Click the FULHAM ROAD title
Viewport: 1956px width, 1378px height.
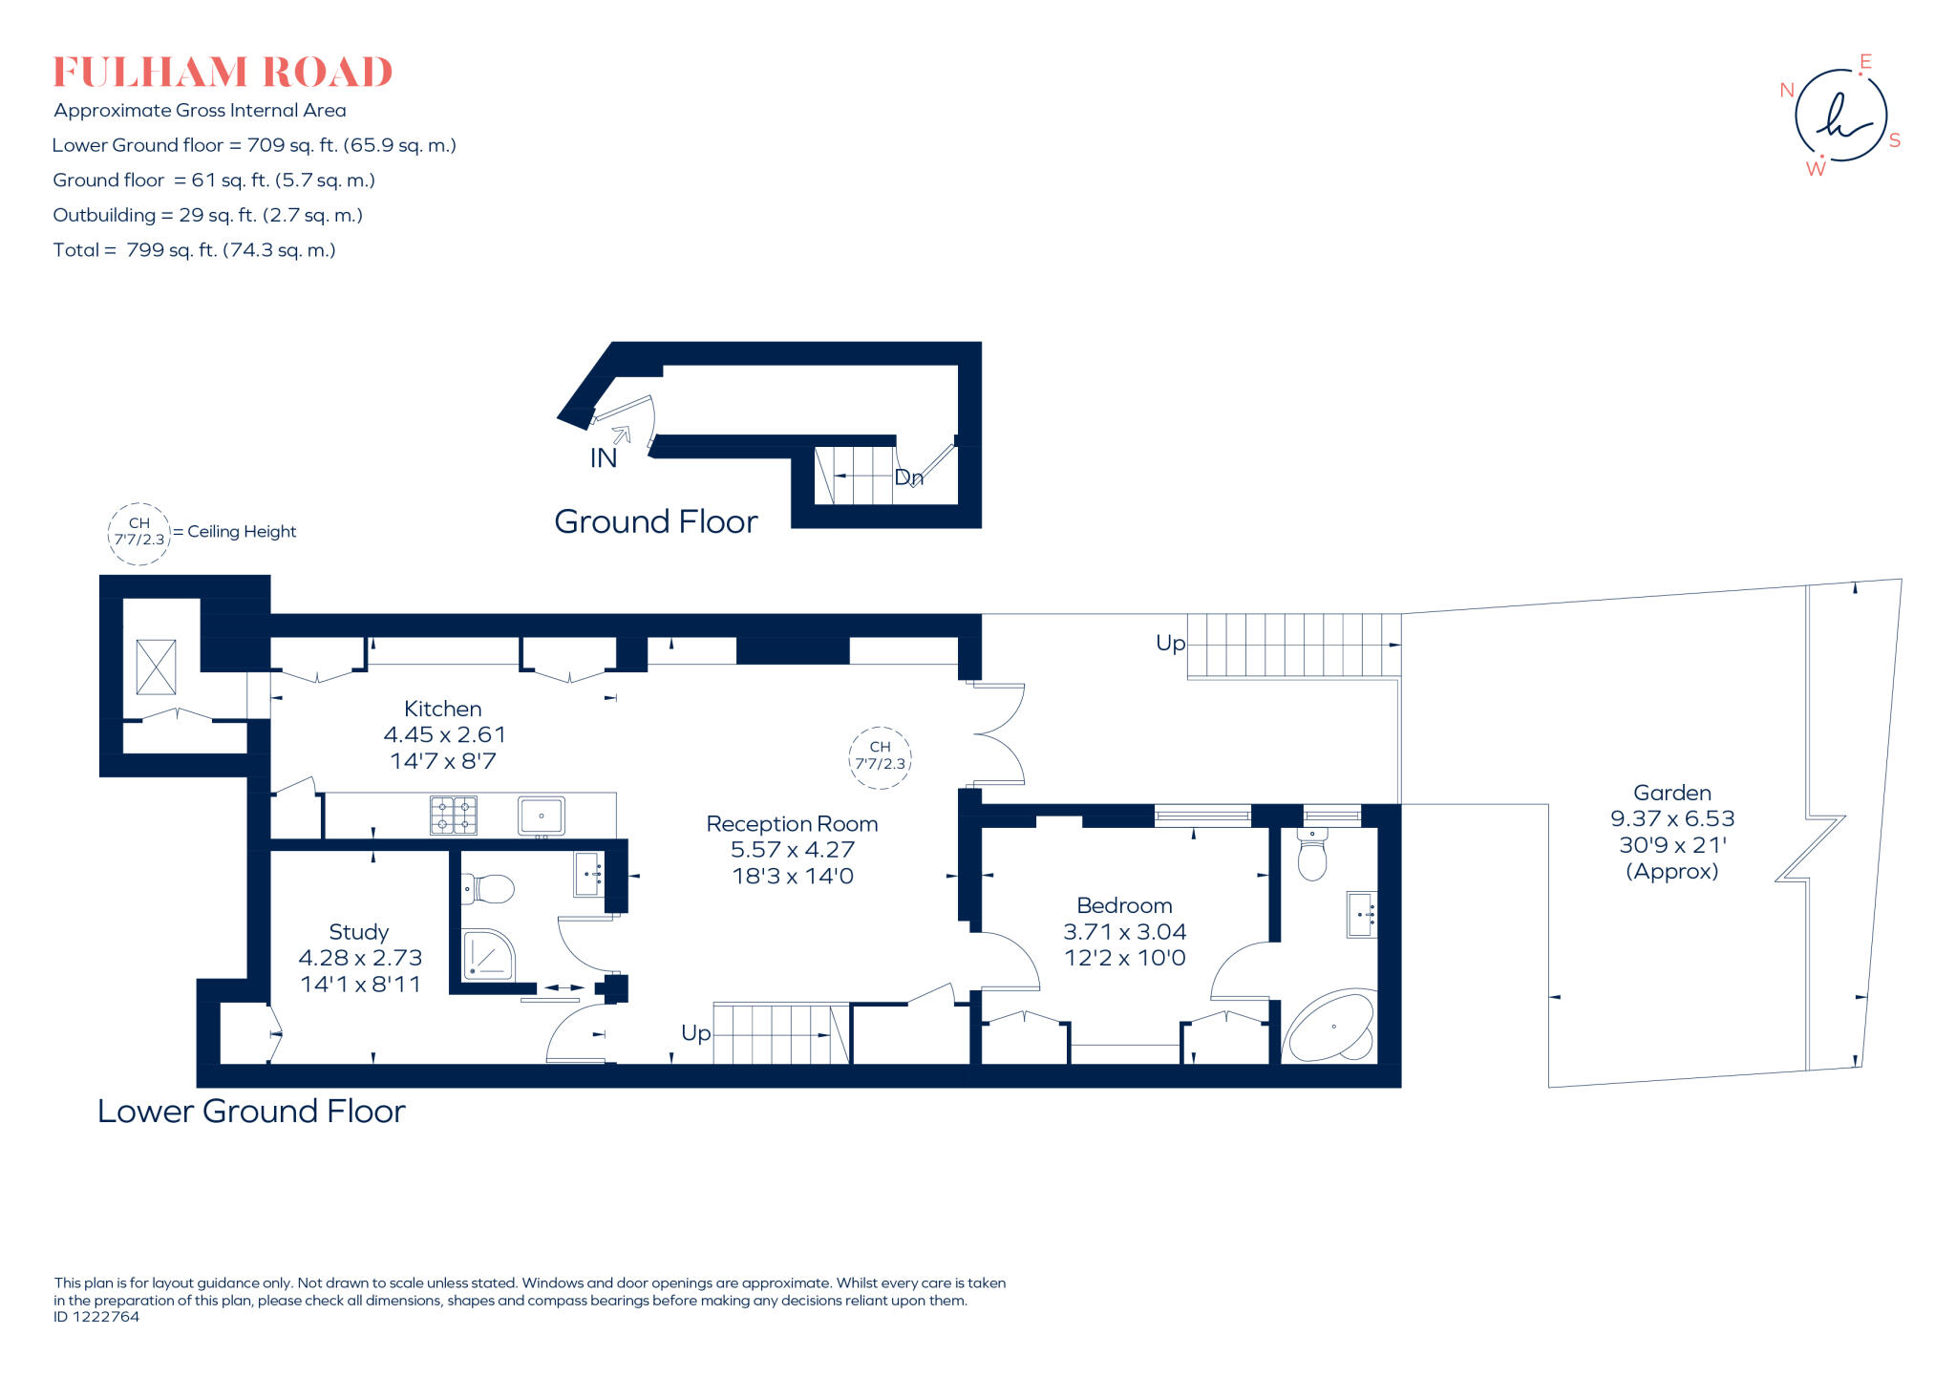(223, 73)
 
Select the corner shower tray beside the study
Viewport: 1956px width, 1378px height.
(487, 954)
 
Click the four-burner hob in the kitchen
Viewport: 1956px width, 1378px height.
(453, 816)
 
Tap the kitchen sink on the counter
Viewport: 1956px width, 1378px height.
(542, 816)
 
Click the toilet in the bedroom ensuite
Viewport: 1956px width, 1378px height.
(1312, 855)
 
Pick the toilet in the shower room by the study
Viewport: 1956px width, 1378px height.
(488, 889)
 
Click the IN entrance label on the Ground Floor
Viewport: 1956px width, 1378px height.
(603, 458)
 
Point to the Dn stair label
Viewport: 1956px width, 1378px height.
(908, 477)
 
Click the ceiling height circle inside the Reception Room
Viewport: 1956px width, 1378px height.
(880, 756)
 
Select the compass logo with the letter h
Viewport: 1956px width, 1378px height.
(1839, 116)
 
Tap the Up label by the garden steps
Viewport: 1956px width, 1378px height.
(1170, 644)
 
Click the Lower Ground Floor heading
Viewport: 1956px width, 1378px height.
(251, 1112)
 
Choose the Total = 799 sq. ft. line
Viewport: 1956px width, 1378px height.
(194, 250)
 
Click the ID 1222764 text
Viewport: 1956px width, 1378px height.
(96, 1317)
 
